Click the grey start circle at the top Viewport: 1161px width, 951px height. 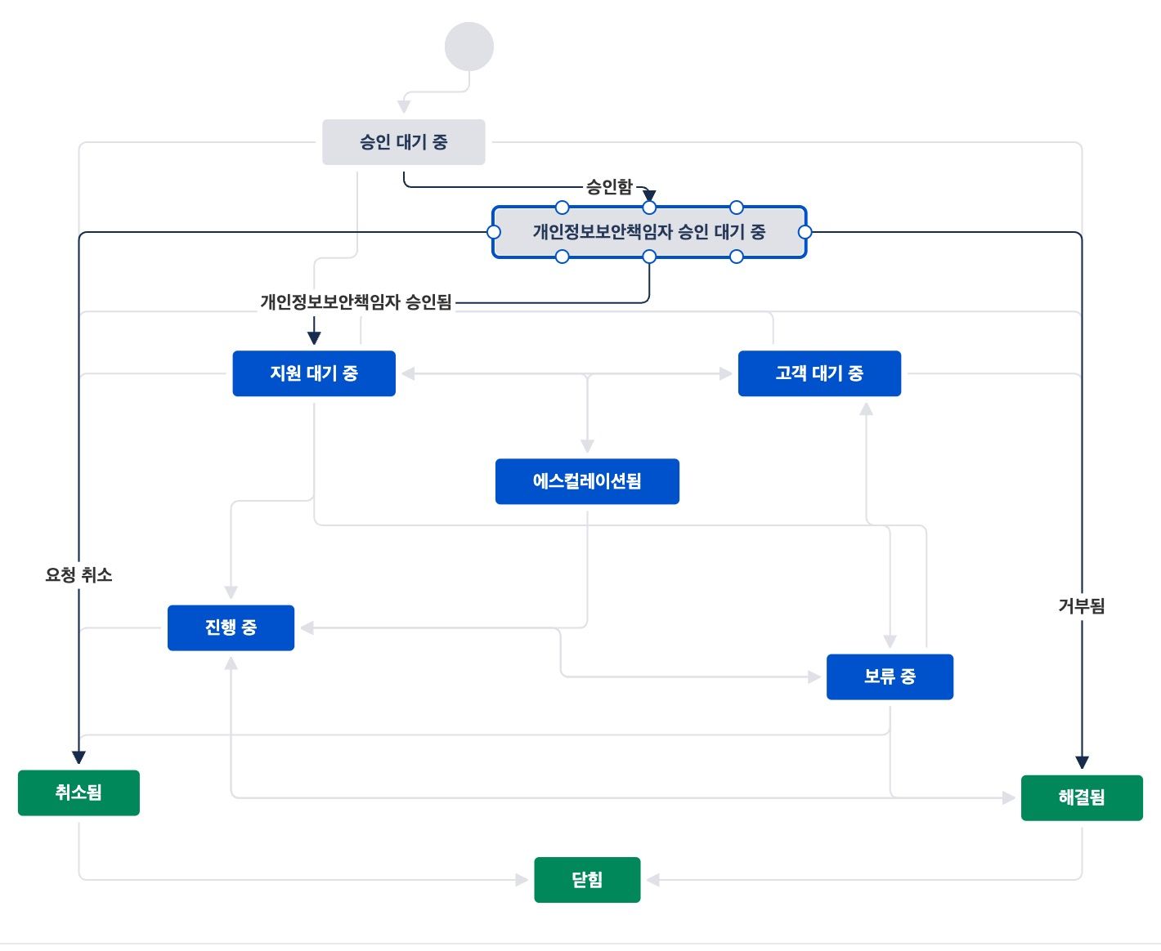[468, 47]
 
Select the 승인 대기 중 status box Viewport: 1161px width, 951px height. [403, 142]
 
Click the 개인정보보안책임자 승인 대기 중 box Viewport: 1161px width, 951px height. [648, 232]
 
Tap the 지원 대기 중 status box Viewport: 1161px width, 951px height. [314, 373]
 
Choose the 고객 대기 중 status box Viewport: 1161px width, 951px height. [819, 373]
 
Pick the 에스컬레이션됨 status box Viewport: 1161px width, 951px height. [587, 481]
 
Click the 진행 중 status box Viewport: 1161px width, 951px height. [231, 627]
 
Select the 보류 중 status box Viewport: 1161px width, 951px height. [890, 676]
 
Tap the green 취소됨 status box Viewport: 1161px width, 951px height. [78, 792]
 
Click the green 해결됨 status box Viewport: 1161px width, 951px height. [1082, 797]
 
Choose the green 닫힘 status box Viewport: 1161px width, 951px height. [587, 880]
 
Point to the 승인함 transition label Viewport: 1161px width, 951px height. [609, 187]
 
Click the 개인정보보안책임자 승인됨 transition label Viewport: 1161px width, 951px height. [356, 302]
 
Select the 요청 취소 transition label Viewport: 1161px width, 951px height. [78, 575]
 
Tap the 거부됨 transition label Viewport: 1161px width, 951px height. [1082, 606]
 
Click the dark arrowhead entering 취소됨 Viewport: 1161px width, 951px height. [78, 757]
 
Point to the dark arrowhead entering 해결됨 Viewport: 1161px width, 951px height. [1082, 762]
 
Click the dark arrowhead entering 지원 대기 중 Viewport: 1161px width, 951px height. [314, 337]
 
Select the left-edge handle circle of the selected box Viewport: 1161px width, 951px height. [494, 232]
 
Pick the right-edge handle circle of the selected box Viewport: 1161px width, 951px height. [805, 232]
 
